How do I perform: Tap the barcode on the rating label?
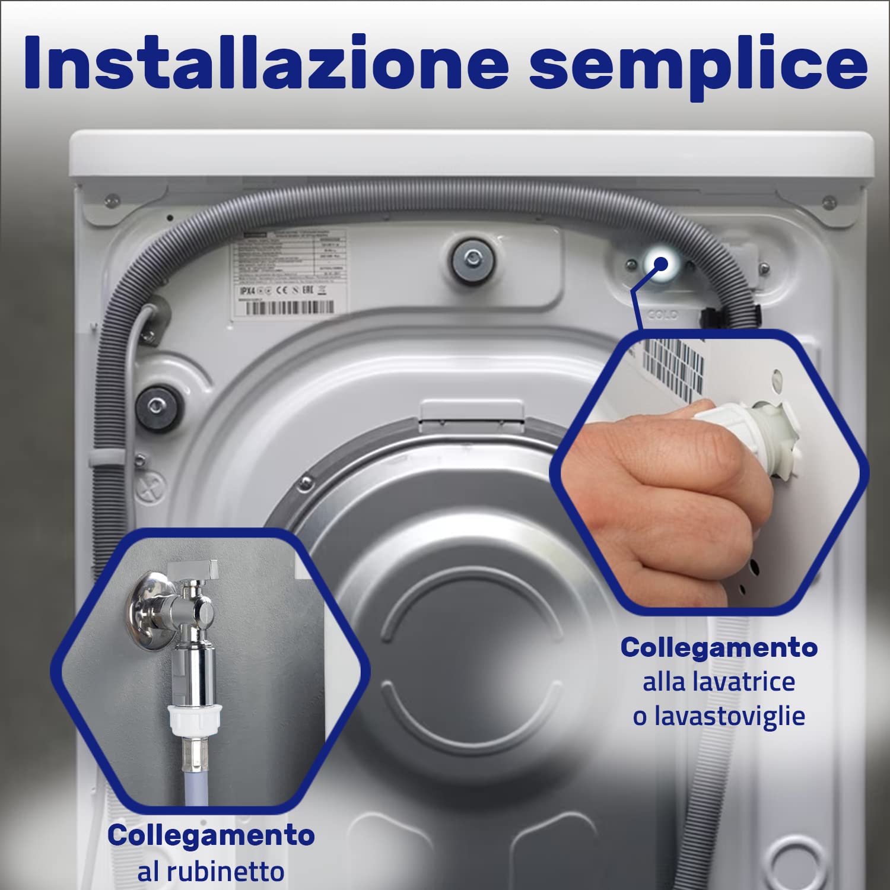[289, 307]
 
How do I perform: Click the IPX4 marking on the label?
[247, 291]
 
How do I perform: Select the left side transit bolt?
[156, 406]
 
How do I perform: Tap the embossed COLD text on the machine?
[662, 314]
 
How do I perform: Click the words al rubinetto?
[211, 872]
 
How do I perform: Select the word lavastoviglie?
[730, 716]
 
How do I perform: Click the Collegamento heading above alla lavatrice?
[719, 647]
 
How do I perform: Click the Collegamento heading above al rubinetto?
[211, 835]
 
